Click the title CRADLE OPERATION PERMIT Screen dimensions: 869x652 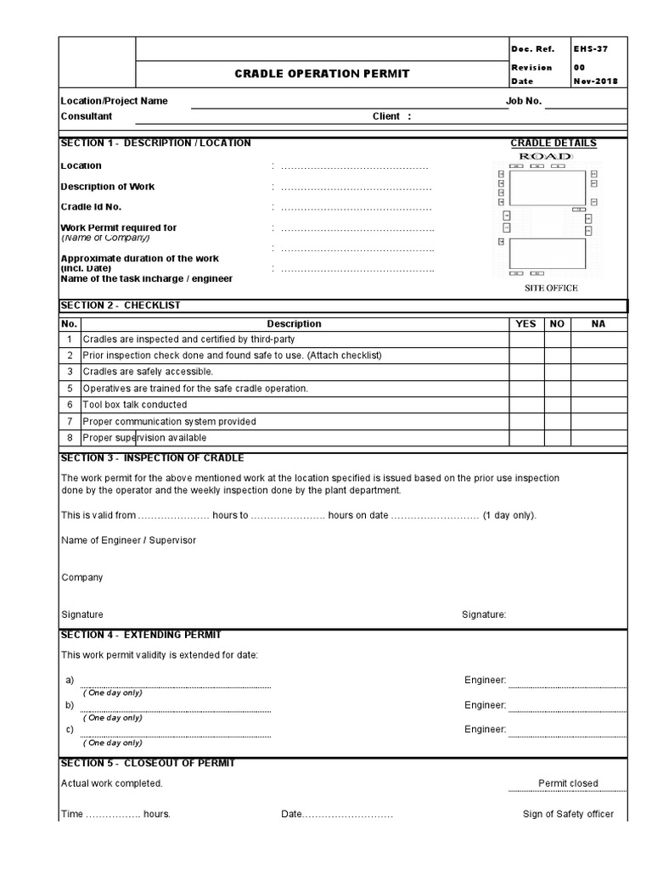tap(322, 74)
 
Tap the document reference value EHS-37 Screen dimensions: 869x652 tap(591, 49)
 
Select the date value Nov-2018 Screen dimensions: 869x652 tap(595, 81)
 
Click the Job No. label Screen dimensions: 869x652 tap(524, 101)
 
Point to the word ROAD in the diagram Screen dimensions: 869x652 tap(545, 157)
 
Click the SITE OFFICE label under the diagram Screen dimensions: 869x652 tap(550, 288)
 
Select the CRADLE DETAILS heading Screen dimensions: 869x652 tap(553, 143)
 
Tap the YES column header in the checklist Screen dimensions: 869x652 tap(526, 323)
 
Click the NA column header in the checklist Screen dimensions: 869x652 tap(599, 323)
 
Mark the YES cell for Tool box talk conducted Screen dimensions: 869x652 tap(526, 405)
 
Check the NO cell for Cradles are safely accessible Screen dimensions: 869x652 tap(557, 372)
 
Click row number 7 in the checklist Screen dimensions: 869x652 tap(70, 421)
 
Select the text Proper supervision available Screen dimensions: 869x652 tap(144, 438)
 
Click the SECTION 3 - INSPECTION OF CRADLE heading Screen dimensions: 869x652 tap(152, 458)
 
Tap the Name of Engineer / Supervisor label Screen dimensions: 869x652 tap(128, 541)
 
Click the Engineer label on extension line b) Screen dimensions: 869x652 tap(485, 705)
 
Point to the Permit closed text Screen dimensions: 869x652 tap(568, 783)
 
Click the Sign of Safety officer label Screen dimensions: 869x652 tap(568, 814)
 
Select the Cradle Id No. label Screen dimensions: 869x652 tap(91, 207)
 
